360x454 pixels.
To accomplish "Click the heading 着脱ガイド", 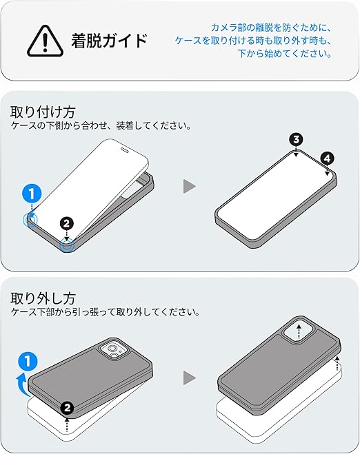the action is (x=110, y=40).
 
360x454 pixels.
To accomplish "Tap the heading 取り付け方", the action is (x=43, y=112).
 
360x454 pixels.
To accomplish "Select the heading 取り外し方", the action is (x=43, y=298).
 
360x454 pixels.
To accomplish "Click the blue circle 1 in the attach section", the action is (x=32, y=194).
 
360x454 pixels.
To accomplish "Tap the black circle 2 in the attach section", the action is (x=67, y=223).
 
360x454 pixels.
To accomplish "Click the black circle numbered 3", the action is (x=296, y=140).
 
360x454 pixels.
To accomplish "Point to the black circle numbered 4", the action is (x=328, y=158).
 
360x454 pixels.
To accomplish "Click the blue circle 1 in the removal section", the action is (x=28, y=362).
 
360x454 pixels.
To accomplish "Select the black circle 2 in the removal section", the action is (x=68, y=408).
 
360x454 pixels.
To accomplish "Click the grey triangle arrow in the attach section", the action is (x=190, y=186).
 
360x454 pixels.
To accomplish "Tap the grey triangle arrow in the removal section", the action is (x=190, y=378).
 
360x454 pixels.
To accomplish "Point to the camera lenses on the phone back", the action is (x=113, y=351).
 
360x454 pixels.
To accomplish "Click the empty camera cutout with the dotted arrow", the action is (x=298, y=331).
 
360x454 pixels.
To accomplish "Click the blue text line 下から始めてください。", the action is (x=285, y=54).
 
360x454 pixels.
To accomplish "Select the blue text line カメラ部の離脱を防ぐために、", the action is (x=271, y=28).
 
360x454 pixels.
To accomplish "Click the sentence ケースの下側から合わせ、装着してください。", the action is (x=101, y=125).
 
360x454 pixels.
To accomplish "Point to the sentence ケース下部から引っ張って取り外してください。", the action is (x=106, y=312).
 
